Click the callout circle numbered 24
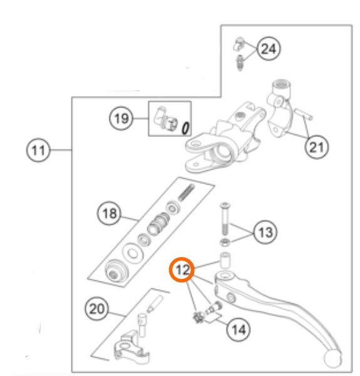(269, 49)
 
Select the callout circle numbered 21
(317, 147)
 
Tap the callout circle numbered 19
(121, 118)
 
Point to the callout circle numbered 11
(38, 150)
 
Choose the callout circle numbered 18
(109, 213)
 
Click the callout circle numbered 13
(265, 232)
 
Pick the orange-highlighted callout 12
(182, 270)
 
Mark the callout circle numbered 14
(239, 330)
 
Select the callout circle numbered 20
(96, 308)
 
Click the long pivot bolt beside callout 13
(225, 219)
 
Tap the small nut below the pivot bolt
(225, 242)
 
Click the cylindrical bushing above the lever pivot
(225, 260)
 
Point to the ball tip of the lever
(333, 359)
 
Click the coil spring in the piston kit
(187, 192)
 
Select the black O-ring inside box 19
(185, 128)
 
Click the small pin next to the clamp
(304, 114)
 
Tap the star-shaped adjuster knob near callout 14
(198, 317)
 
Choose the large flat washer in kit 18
(132, 253)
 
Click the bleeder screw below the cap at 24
(240, 63)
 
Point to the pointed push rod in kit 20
(154, 304)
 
